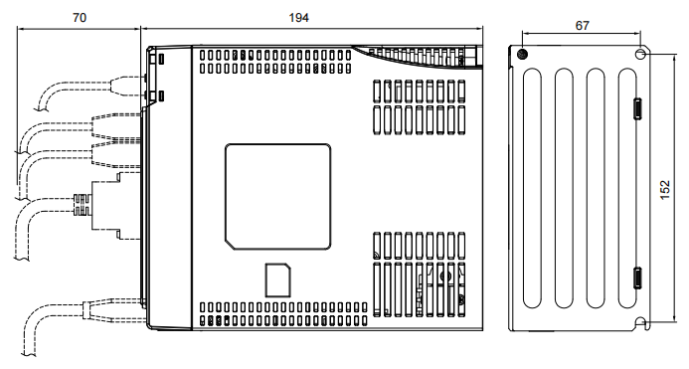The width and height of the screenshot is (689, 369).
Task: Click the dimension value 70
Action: click(x=80, y=18)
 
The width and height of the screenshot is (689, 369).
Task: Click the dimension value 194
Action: click(x=299, y=18)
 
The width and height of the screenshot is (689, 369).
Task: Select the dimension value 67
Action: click(x=583, y=26)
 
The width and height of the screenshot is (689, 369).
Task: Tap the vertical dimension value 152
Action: click(x=665, y=190)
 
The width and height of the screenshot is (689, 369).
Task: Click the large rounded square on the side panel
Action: click(x=277, y=197)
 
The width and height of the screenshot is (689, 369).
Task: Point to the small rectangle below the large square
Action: click(x=277, y=280)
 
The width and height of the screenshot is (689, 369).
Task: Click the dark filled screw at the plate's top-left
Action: click(x=522, y=54)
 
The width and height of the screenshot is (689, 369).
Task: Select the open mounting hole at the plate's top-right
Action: click(x=640, y=54)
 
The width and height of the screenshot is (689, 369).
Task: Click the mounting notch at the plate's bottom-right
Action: click(x=640, y=323)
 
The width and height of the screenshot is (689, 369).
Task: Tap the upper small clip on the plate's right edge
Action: click(x=637, y=108)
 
